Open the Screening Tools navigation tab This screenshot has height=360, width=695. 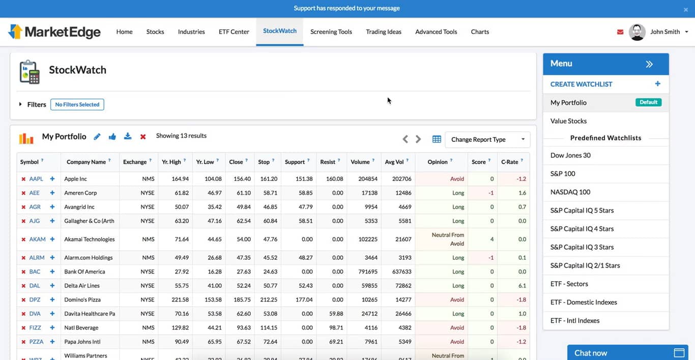tap(331, 32)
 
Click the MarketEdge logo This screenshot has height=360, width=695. tap(54, 32)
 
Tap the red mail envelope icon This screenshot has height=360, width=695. tap(620, 32)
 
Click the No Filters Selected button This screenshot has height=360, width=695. tap(77, 105)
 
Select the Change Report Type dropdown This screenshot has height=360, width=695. tap(487, 139)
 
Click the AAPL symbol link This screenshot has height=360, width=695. tap(36, 179)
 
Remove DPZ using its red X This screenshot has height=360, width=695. tap(23, 300)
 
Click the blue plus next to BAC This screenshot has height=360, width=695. tap(52, 272)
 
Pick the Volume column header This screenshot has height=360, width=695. tap(360, 162)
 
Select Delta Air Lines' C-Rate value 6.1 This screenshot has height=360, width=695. tap(522, 286)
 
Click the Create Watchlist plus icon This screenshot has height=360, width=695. tap(657, 84)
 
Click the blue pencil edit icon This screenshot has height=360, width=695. tap(97, 137)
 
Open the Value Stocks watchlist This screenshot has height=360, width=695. tap(568, 121)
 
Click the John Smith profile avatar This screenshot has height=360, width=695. tap(637, 32)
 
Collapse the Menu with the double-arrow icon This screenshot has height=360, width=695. tap(649, 64)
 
